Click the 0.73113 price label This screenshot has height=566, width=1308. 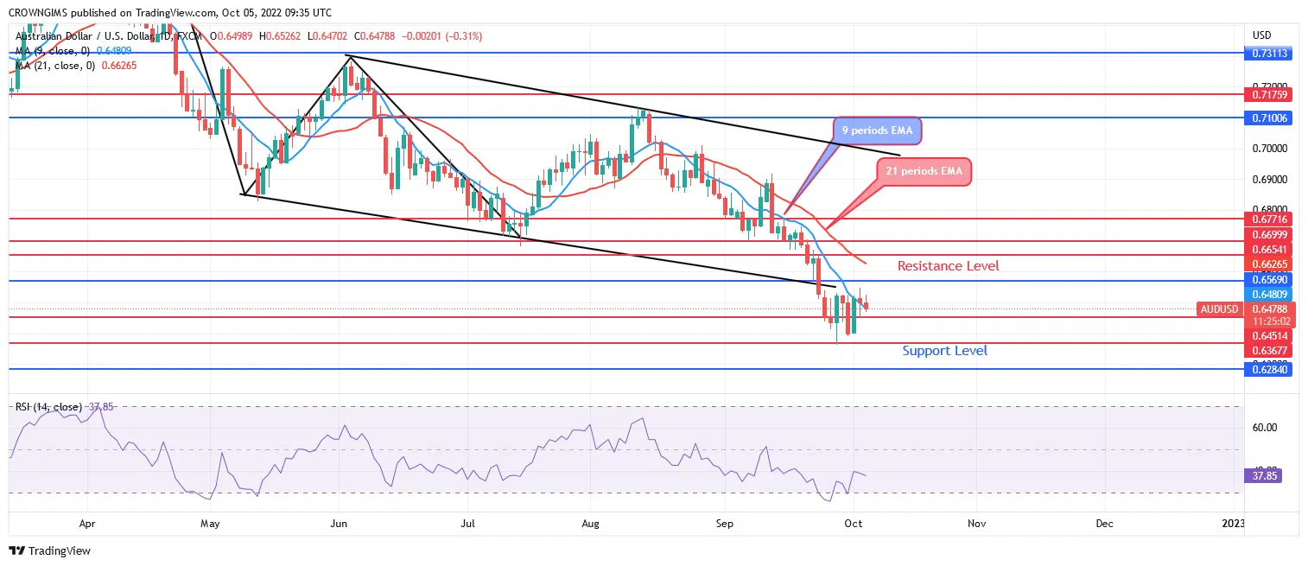tap(1267, 53)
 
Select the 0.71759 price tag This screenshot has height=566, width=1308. tap(1267, 94)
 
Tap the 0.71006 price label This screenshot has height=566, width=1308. tap(1267, 118)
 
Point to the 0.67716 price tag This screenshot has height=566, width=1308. tap(1267, 219)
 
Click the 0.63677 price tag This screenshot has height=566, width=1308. tap(1267, 350)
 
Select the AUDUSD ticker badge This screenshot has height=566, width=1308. tap(1220, 309)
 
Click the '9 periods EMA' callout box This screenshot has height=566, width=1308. tap(877, 131)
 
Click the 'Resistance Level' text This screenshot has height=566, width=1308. tap(948, 266)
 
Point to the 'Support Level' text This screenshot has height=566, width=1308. tap(944, 351)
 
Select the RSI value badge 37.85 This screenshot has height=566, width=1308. tap(1262, 475)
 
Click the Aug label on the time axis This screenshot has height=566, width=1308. tap(591, 523)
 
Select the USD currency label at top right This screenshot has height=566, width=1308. tap(1263, 35)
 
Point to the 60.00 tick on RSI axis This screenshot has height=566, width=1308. tap(1266, 427)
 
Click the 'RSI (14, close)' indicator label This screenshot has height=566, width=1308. tap(48, 407)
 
